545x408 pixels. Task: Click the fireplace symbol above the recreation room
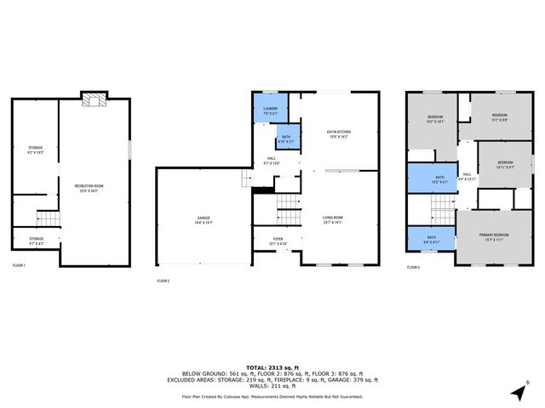click(92, 101)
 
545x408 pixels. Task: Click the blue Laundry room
click(270, 110)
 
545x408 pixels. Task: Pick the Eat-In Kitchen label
click(339, 133)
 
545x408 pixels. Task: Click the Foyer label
click(278, 241)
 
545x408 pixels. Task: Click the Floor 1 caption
click(19, 267)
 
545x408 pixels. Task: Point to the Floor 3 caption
click(413, 267)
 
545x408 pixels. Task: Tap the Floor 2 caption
click(163, 280)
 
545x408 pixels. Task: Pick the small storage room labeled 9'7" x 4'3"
click(36, 241)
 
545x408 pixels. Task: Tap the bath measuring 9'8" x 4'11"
click(431, 241)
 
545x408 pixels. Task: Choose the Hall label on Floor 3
click(466, 176)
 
